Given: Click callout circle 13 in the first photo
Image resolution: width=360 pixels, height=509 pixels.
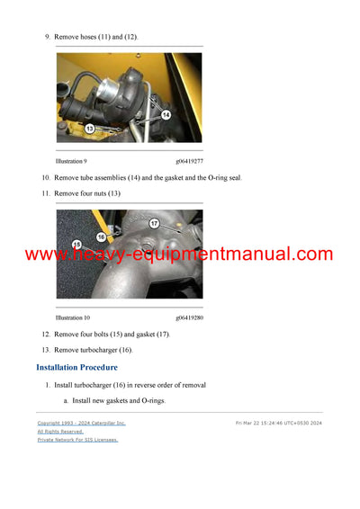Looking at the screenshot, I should click(x=90, y=129).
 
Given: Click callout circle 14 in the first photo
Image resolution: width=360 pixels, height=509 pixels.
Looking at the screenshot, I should click(x=166, y=115).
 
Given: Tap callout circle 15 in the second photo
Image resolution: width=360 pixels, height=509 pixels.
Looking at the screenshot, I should click(x=76, y=244).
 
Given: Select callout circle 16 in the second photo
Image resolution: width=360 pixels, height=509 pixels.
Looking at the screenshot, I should click(x=101, y=236).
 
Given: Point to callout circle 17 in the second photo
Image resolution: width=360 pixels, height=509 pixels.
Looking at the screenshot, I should click(x=154, y=223).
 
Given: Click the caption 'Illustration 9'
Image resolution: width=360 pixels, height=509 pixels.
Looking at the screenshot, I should click(x=71, y=160).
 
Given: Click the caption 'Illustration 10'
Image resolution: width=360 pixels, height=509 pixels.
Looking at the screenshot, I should click(x=73, y=317).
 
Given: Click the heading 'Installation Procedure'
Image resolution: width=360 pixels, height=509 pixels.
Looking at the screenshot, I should click(x=76, y=368).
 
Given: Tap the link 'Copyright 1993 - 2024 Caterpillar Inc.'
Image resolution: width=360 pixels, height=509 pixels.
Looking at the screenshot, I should click(x=81, y=423).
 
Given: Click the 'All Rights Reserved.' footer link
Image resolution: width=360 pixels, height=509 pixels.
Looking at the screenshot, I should click(x=59, y=431).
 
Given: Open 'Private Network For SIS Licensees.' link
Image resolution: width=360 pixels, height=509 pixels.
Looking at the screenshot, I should click(x=77, y=440).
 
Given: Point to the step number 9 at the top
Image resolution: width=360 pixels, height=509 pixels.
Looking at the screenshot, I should click(x=47, y=36).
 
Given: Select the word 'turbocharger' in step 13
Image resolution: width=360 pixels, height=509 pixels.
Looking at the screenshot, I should click(x=98, y=350).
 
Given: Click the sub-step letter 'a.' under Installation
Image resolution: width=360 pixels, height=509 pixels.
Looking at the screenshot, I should click(x=66, y=400).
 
